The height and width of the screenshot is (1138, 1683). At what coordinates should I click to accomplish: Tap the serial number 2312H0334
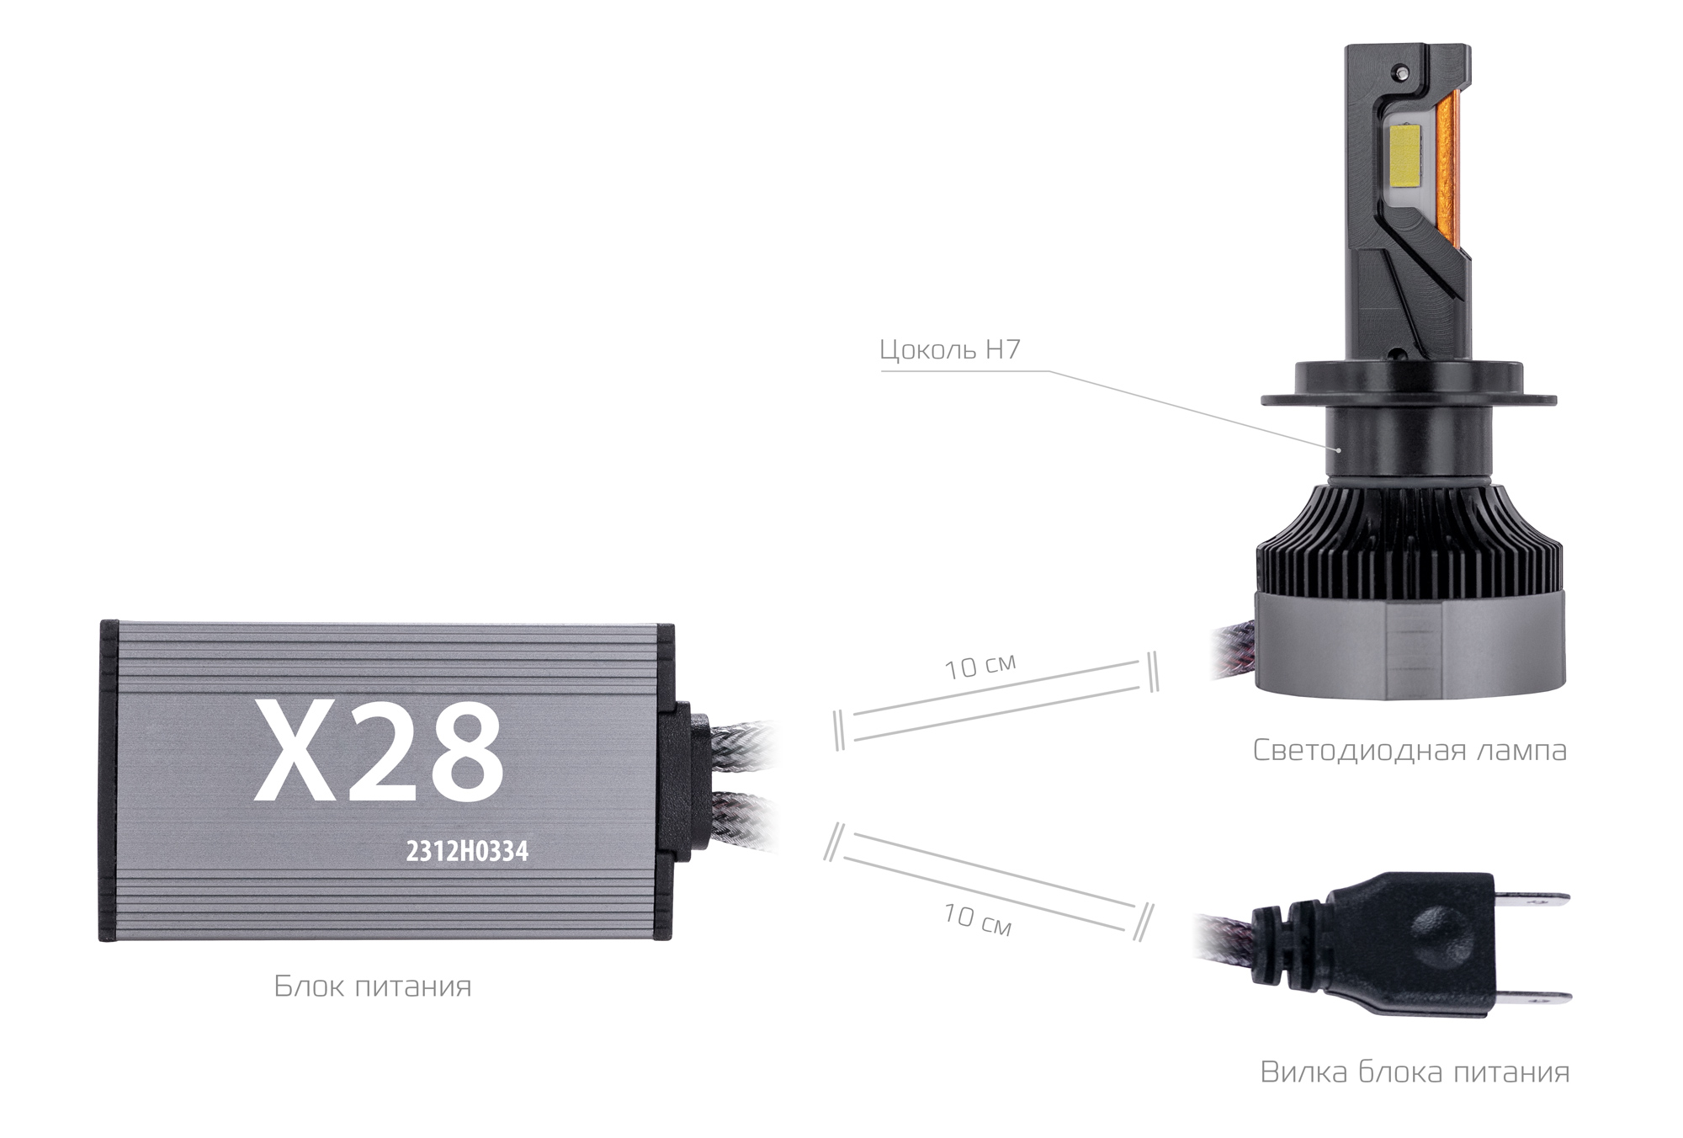pyautogui.click(x=467, y=852)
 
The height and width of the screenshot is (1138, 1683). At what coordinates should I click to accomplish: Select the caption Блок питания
pyautogui.click(x=373, y=986)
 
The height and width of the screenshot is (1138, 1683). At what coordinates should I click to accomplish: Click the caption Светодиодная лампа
pyautogui.click(x=1410, y=750)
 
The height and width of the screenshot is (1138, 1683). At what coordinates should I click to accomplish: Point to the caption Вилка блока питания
pyautogui.click(x=1415, y=1072)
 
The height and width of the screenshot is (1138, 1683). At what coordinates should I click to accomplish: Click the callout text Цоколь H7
pyautogui.click(x=949, y=349)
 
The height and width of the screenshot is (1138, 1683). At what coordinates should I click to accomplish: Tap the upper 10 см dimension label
pyautogui.click(x=980, y=666)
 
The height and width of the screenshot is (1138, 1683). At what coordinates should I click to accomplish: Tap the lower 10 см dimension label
pyautogui.click(x=976, y=919)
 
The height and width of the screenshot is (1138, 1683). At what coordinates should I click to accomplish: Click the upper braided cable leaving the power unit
pyautogui.click(x=741, y=741)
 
